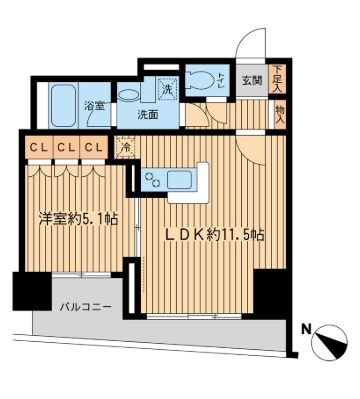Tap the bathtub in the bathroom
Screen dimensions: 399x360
pyautogui.click(x=66, y=101)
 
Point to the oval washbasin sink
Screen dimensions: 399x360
pyautogui.click(x=128, y=92)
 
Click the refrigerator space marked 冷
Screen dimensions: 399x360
pyautogui.click(x=126, y=149)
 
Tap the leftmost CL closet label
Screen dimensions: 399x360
pyautogui.click(x=35, y=149)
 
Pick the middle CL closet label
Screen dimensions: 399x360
pyautogui.click(x=64, y=149)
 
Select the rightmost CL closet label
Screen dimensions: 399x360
pyautogui.click(x=93, y=149)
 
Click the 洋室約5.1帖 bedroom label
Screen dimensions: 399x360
pyautogui.click(x=78, y=219)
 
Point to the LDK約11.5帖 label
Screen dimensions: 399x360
pyautogui.click(x=215, y=235)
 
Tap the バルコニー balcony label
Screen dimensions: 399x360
pyautogui.click(x=84, y=307)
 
